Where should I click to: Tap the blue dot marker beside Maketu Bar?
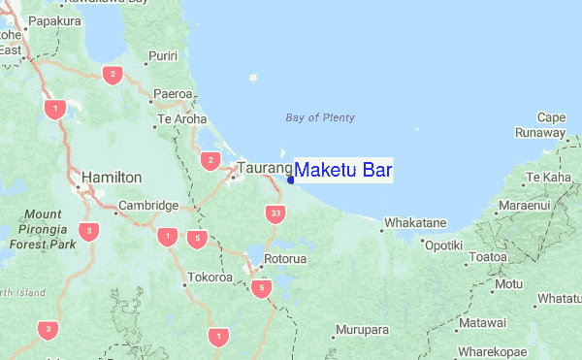[290, 179]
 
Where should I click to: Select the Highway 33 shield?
[276, 213]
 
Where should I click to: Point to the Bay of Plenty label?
[320, 117]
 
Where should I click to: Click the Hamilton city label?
[113, 178]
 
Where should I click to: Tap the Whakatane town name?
[415, 223]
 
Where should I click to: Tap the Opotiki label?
[443, 245]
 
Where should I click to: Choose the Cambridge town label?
[147, 206]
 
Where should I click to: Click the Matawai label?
[482, 322]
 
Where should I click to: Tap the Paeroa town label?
[173, 93]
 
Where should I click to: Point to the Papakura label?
[53, 18]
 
